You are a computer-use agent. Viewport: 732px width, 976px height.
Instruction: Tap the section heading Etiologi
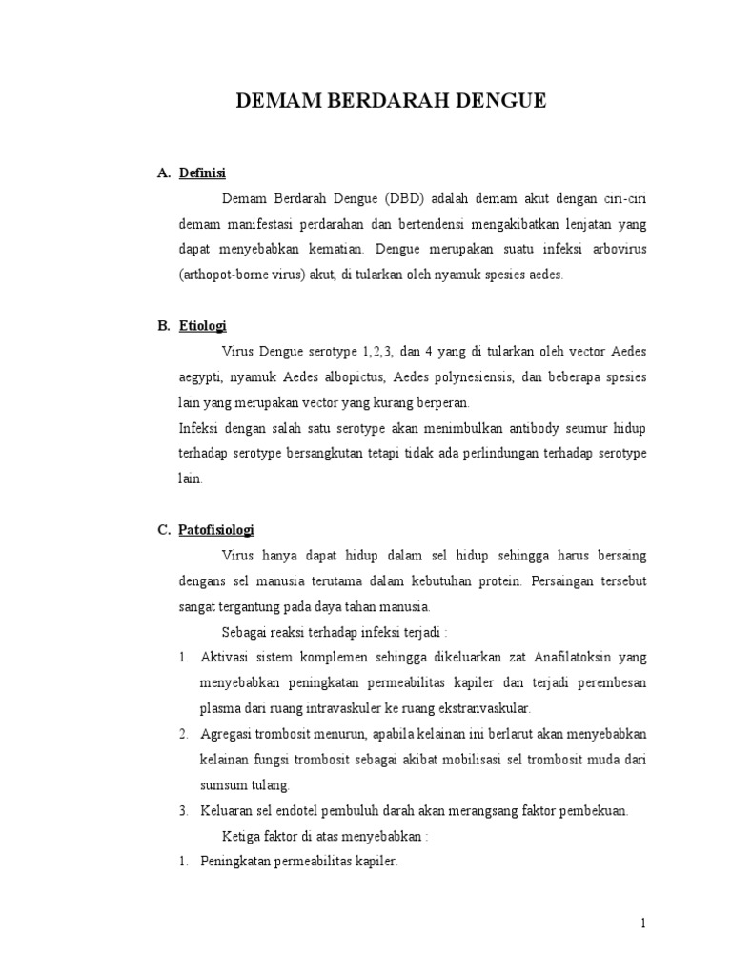coord(203,326)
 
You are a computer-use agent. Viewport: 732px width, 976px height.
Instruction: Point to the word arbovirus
coord(614,250)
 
